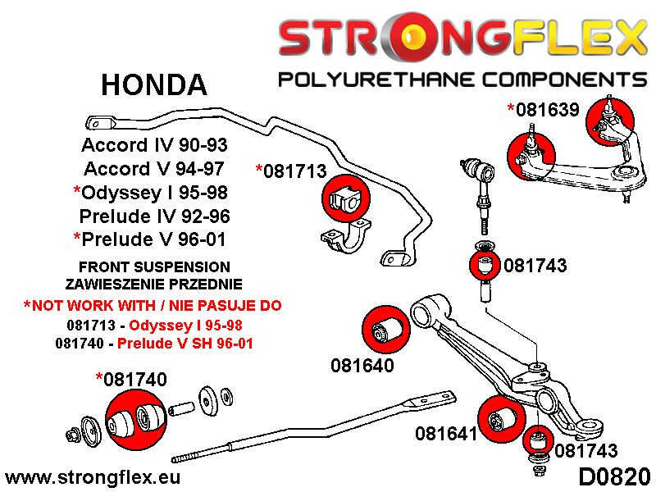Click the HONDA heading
click(153, 84)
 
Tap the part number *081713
click(291, 171)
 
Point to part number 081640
click(362, 365)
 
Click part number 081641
click(446, 433)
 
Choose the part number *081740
click(131, 379)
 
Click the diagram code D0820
click(614, 476)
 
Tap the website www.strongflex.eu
click(93, 476)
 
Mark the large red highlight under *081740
click(131, 417)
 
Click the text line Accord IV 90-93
click(154, 146)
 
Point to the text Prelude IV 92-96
click(154, 217)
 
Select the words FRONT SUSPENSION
click(154, 267)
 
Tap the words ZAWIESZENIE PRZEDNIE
click(154, 285)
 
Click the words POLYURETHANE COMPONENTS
click(462, 80)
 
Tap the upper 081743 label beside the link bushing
click(535, 265)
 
